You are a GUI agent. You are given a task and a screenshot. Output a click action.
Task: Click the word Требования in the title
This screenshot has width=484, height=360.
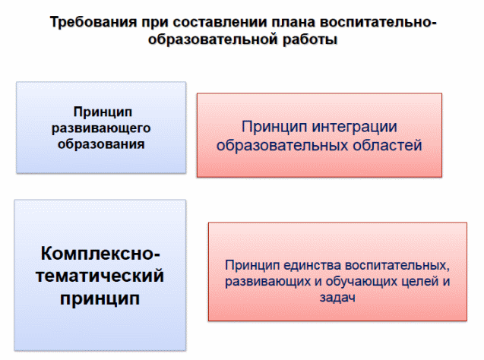point(93,23)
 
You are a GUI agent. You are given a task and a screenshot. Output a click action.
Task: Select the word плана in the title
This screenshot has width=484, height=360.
point(294,23)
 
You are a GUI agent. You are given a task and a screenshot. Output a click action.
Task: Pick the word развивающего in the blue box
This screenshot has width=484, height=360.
point(101,128)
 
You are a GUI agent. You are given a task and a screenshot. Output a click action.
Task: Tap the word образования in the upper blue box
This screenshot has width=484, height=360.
point(101,144)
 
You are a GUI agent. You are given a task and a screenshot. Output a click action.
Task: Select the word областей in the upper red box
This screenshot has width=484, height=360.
point(388,145)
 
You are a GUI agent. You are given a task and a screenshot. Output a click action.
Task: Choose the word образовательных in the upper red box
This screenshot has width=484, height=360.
point(283,145)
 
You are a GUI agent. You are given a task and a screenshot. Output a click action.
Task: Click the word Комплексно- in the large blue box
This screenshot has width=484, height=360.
point(100,254)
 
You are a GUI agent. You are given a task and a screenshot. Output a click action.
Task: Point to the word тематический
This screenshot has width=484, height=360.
point(100,276)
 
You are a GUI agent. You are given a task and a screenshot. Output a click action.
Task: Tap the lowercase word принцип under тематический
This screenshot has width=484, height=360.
point(100,299)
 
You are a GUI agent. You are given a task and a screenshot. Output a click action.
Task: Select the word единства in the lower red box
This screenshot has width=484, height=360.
point(312,265)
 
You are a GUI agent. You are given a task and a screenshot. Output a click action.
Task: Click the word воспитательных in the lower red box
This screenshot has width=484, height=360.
point(397,266)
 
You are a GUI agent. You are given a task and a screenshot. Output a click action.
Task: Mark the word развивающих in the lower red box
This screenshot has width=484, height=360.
point(268,282)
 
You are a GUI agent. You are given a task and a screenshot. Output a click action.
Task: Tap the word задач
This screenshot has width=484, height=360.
point(337,298)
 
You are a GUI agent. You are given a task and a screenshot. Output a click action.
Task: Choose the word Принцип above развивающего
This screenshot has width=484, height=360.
point(103,112)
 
